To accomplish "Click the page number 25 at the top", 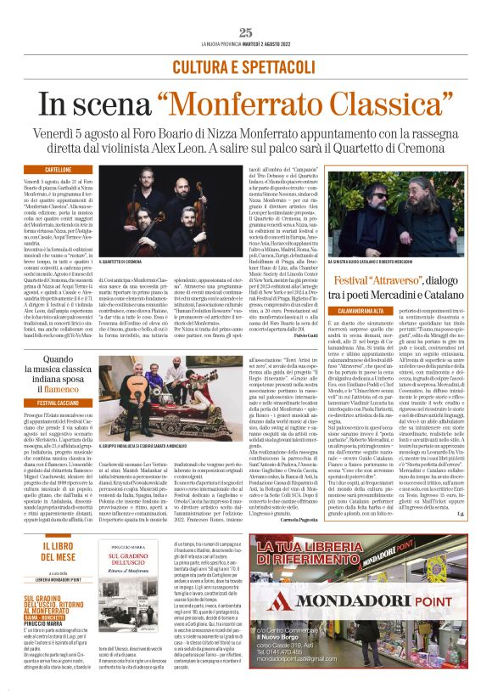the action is (x=246, y=32).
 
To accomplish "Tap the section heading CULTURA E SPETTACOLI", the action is (x=245, y=66).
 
